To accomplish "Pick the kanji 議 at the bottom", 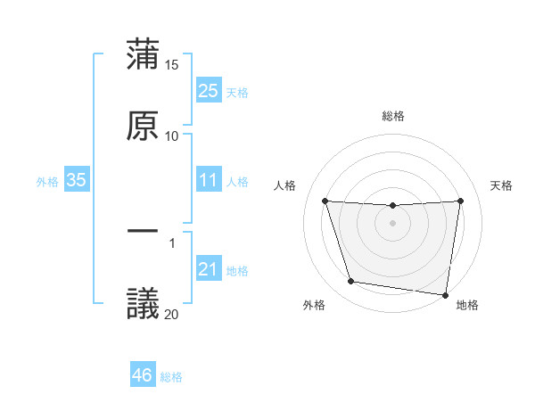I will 143,302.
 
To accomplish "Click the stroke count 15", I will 172,65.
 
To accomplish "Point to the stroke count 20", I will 172,314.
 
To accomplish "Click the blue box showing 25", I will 208,90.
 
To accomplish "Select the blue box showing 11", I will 208,180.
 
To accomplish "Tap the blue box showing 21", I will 208,269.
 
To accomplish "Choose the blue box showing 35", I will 77,180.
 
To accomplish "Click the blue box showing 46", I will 143,375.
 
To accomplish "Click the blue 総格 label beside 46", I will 171,377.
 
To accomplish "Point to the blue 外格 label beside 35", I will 47,181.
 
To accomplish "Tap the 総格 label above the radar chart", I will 393,116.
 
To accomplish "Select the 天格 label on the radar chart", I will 502,185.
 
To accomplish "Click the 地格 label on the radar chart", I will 467,305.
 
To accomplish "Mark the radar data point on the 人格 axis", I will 325,201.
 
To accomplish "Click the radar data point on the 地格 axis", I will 445,294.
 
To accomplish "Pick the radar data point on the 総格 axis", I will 393,206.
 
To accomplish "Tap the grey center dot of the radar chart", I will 393,223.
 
